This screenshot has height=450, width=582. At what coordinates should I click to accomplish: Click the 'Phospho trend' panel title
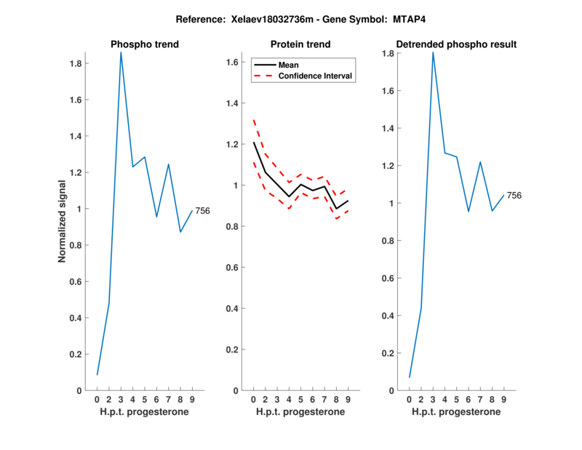click(144, 44)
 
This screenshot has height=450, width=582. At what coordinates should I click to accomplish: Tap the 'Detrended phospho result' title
click(456, 44)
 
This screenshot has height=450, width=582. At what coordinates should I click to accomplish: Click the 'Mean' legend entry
click(288, 65)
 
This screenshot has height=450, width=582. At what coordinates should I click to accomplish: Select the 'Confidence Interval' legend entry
click(316, 76)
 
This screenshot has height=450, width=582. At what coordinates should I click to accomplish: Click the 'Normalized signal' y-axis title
click(63, 221)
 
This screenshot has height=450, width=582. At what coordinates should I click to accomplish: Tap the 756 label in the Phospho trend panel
click(202, 211)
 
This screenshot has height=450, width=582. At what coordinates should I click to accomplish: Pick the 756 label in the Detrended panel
click(514, 195)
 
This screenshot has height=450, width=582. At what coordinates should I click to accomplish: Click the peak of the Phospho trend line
click(121, 52)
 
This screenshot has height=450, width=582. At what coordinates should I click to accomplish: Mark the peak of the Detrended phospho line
click(433, 52)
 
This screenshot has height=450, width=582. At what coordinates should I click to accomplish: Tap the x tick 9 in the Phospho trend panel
click(192, 400)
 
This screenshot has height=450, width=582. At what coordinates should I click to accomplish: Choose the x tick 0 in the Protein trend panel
click(253, 400)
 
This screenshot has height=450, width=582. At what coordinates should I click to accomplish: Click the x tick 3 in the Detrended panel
click(433, 400)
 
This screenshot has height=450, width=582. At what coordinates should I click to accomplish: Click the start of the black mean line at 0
click(253, 143)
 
